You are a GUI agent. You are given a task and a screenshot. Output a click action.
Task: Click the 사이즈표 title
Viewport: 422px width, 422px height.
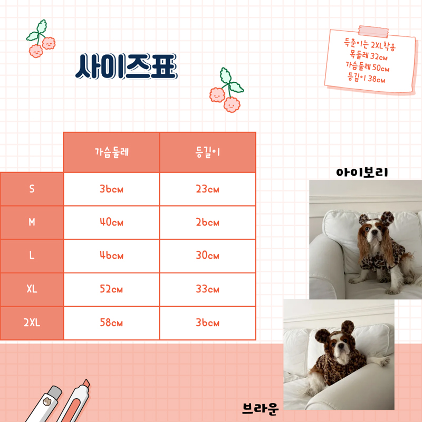[x=126, y=66]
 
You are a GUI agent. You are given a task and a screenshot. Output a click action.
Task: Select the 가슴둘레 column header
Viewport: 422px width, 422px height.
[x=111, y=152]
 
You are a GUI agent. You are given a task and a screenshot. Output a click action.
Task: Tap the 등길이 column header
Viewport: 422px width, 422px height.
[x=207, y=152]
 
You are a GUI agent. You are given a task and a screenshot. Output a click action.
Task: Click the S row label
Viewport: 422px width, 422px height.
[x=32, y=189]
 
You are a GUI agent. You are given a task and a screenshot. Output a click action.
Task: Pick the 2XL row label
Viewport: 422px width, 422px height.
[x=32, y=323]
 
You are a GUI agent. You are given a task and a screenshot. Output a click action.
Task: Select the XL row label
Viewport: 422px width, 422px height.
[x=32, y=289]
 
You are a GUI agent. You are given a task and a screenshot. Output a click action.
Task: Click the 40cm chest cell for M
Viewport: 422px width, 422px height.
[x=111, y=223]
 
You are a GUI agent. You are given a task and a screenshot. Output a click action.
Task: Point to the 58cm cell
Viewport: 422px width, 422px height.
[x=111, y=323]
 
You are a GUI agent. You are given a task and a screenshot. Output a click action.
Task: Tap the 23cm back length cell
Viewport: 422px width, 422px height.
[x=207, y=189]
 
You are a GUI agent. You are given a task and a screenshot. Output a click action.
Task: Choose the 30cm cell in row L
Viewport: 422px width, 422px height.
[x=207, y=256]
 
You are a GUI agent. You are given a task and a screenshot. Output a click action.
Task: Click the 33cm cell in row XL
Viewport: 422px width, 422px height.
[x=207, y=289]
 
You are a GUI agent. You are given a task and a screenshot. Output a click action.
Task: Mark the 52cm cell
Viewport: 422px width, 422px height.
[x=111, y=289]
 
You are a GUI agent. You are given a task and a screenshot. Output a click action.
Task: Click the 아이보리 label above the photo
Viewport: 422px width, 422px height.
[x=362, y=172]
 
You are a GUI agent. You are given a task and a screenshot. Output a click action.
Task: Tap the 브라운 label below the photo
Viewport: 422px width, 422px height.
[x=260, y=407]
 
